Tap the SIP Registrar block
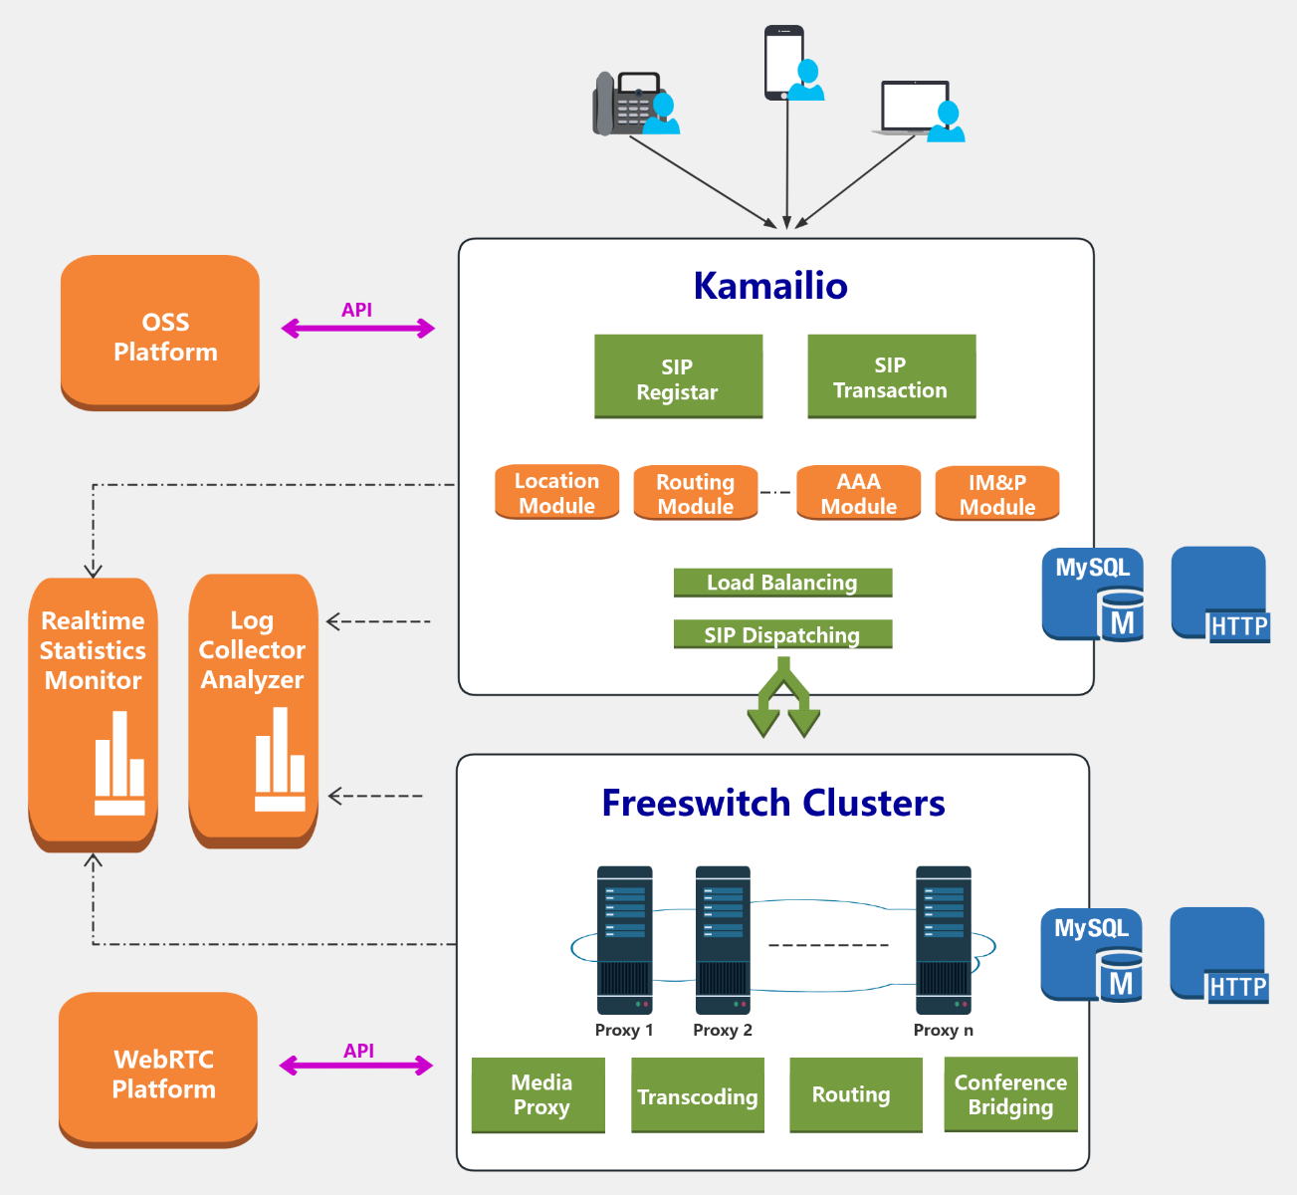678,376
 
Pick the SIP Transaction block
891,376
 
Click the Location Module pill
556,492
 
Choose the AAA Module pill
858,493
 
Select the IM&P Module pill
996,494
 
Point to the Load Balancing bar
782,583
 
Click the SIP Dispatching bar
782,634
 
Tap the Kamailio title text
770,286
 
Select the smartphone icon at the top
783,62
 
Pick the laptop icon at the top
913,108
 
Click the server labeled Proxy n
943,940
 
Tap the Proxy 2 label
723,1030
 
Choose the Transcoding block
698,1095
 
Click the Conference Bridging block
1010,1093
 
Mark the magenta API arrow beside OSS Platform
358,328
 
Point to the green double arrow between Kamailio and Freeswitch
783,702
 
